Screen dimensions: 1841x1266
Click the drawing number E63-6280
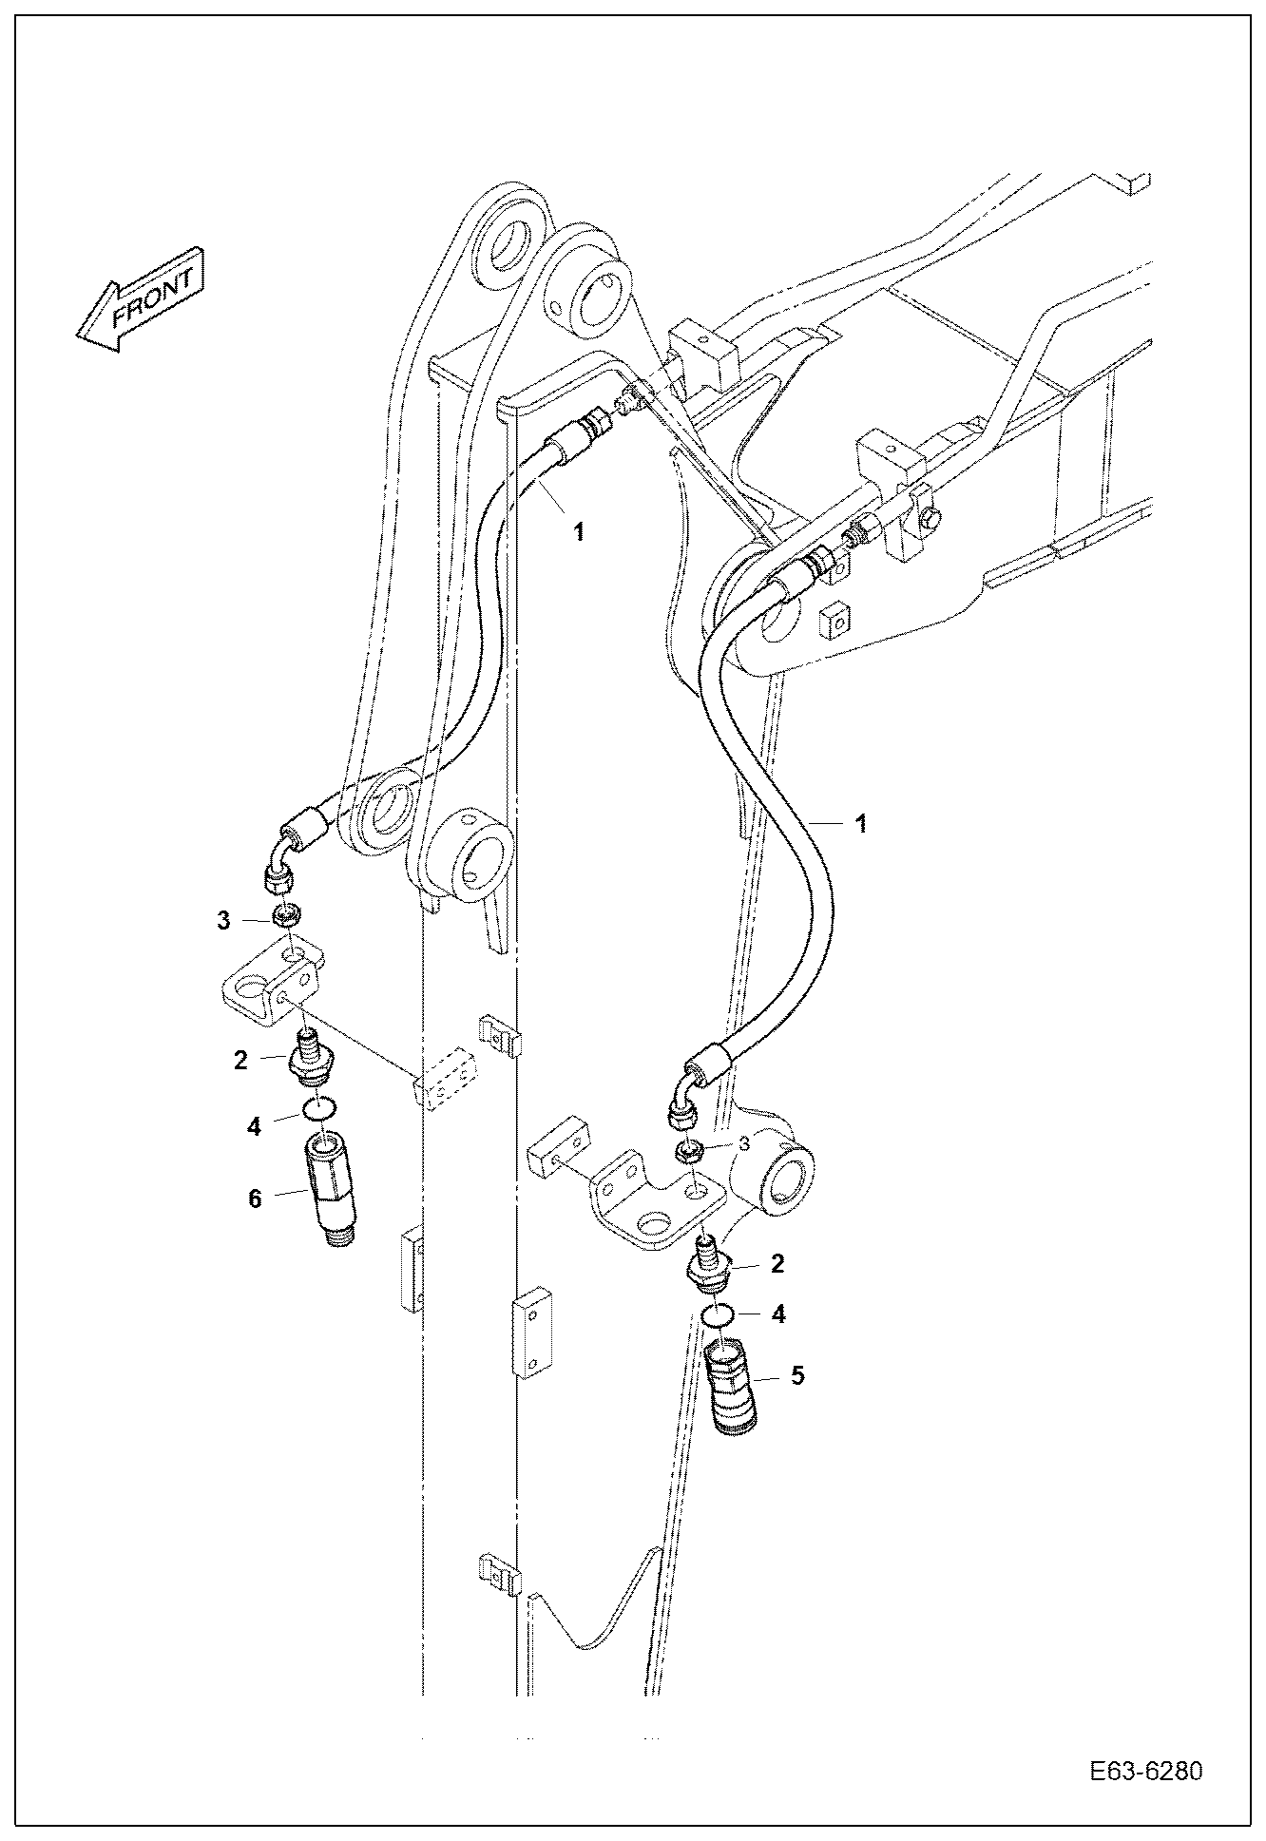(x=1146, y=1772)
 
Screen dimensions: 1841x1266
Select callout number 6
(x=255, y=1199)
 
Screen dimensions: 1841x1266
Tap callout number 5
(x=796, y=1374)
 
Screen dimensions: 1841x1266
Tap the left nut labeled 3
(x=287, y=916)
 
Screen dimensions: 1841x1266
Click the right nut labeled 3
(x=687, y=1152)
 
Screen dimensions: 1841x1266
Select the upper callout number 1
(x=578, y=532)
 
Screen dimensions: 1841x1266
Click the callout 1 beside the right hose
(x=861, y=824)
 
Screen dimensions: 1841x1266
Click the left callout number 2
(x=240, y=1059)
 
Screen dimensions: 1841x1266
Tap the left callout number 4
(x=253, y=1126)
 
